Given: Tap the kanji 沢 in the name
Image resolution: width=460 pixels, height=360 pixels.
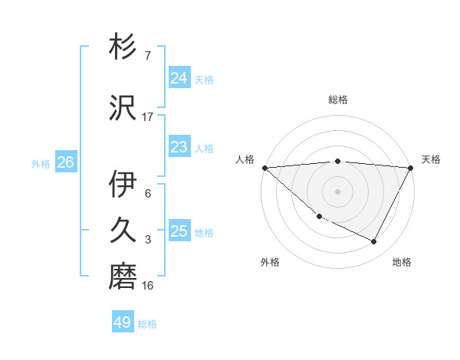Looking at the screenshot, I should (123, 106).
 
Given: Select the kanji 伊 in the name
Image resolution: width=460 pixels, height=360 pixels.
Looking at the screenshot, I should (123, 184).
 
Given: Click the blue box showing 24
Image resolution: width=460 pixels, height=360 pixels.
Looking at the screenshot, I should (179, 78).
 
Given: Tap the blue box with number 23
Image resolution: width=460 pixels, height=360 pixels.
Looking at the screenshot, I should (179, 147).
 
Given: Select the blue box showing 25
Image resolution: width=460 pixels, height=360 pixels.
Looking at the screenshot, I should (179, 231).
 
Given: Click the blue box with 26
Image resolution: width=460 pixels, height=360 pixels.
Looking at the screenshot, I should (65, 162).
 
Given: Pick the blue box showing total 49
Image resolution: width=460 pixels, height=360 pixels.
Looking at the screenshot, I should (123, 322).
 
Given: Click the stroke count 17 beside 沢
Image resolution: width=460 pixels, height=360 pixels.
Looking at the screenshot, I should (148, 117).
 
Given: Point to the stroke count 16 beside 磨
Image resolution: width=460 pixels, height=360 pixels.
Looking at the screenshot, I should (148, 286).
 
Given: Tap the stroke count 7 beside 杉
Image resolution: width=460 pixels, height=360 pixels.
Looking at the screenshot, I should (148, 56).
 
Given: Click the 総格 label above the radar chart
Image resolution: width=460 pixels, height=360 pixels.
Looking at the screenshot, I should (338, 100).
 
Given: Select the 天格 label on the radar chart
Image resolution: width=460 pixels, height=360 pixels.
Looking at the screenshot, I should (431, 159).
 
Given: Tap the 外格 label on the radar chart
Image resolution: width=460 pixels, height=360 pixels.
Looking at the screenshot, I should (270, 262).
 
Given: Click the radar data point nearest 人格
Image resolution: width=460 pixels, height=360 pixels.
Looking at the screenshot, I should (264, 167).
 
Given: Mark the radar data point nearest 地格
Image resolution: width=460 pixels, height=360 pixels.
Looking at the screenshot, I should (374, 241).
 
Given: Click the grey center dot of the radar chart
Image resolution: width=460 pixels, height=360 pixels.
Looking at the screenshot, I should (337, 191).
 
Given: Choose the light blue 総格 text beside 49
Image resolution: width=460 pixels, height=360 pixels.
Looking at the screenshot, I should (147, 324).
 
